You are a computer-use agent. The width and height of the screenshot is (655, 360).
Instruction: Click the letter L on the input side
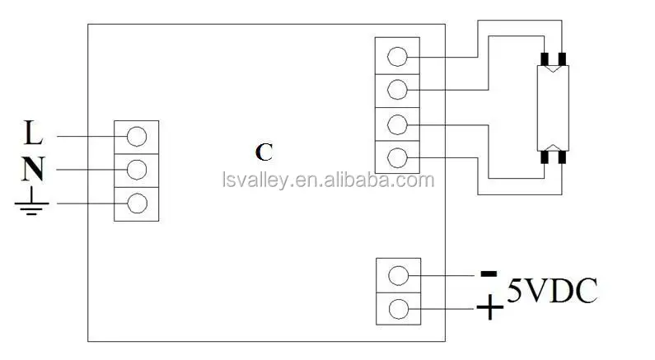pos(33,132)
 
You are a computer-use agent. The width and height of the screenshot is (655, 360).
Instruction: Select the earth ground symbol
pos(30,203)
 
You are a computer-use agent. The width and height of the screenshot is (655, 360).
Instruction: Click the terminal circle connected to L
pos(137,134)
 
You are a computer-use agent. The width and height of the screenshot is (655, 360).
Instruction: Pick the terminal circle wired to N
pos(137,169)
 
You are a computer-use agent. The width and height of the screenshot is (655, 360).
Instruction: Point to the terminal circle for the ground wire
pos(137,203)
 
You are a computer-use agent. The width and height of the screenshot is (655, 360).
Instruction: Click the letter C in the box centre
pos(264,152)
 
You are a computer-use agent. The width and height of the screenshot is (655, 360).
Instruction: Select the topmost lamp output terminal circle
pos(397,56)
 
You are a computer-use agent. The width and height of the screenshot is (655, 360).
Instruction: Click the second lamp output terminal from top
pos(397,89)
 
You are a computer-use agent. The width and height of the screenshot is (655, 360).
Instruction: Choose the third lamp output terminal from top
pos(397,124)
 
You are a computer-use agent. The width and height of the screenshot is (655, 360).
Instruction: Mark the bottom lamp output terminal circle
pos(397,157)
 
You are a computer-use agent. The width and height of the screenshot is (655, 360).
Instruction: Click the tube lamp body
pos(551,106)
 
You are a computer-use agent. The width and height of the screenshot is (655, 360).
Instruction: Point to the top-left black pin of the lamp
pos(544,58)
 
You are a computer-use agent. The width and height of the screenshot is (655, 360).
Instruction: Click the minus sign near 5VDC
pos(489,273)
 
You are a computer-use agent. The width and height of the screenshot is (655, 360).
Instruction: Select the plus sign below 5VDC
pos(490,309)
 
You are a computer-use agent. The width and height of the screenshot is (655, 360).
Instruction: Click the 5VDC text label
pos(551,291)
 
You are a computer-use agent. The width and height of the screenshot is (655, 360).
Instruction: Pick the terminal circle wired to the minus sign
pos(398,275)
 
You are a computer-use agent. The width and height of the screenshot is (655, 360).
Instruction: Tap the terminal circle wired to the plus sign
pos(398,309)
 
